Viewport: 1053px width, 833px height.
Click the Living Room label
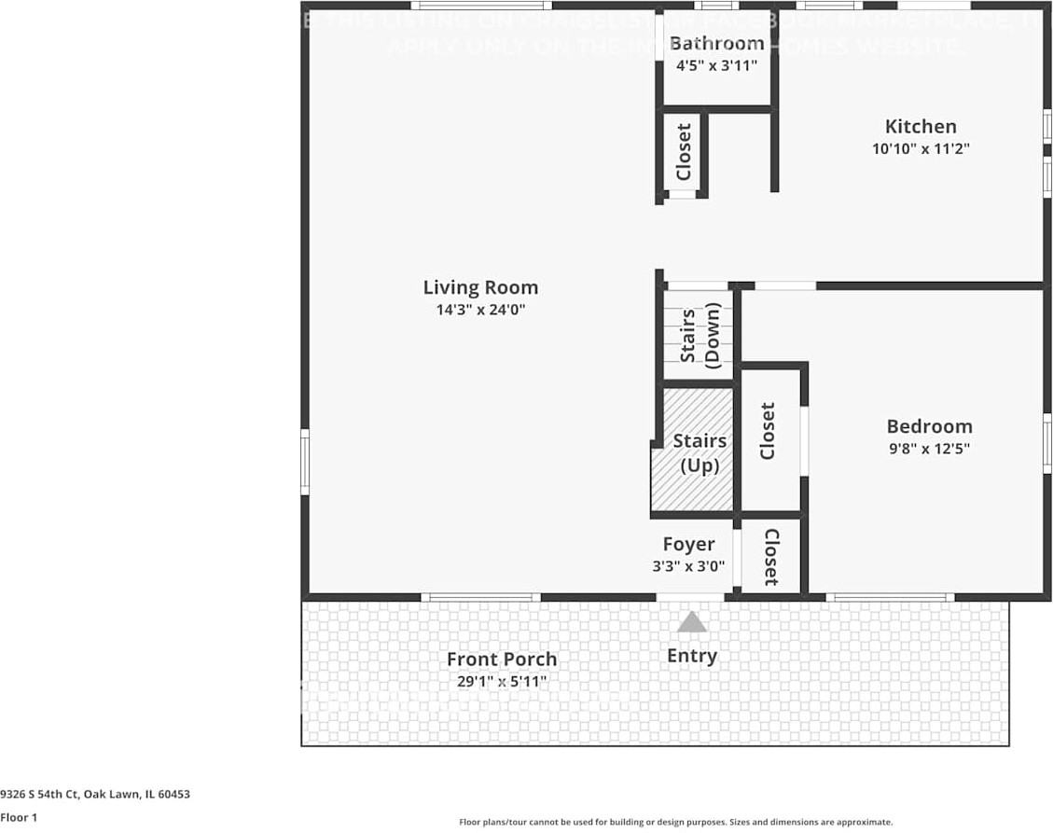[x=480, y=288]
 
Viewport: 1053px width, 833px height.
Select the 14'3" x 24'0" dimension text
[x=480, y=311]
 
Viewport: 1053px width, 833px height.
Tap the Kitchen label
[x=920, y=127]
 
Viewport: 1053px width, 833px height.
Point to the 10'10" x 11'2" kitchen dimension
[x=920, y=149]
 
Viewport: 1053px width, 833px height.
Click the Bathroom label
[x=716, y=44]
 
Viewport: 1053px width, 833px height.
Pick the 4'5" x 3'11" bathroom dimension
[x=716, y=66]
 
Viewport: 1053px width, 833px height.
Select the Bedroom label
[x=929, y=426]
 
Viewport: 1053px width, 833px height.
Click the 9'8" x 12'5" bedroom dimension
[x=929, y=449]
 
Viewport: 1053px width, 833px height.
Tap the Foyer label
[x=688, y=545]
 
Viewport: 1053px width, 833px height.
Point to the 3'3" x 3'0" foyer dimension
[x=688, y=566]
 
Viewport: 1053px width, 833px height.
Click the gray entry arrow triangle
[x=691, y=622]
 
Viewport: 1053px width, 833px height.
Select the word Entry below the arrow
[x=691, y=656]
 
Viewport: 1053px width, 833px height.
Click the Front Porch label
[x=502, y=659]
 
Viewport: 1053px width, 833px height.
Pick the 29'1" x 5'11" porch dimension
[x=502, y=682]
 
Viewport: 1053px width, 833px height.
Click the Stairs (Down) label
[x=700, y=335]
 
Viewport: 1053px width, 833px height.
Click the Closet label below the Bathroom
[x=684, y=152]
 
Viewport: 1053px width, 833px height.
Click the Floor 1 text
[x=19, y=817]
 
